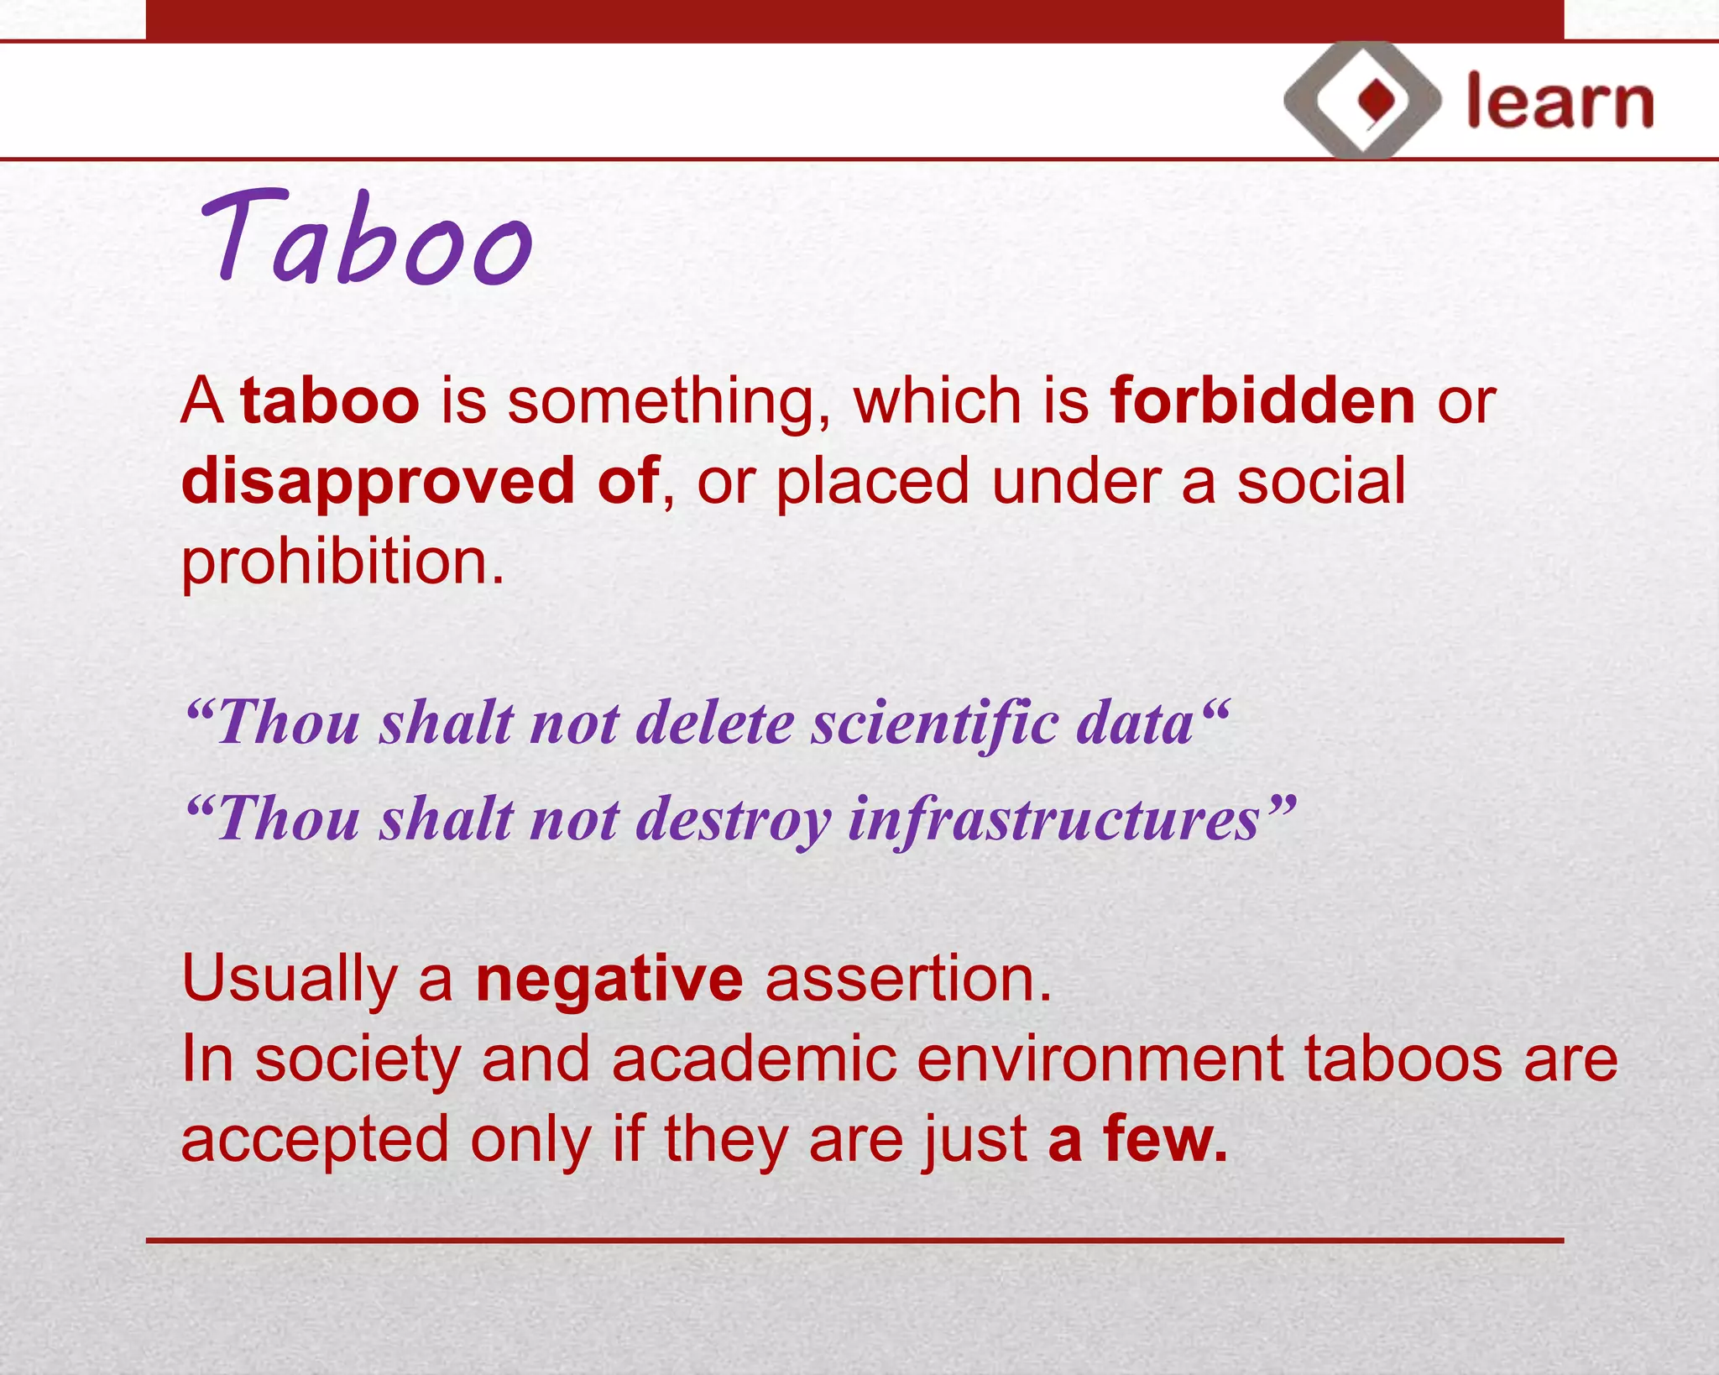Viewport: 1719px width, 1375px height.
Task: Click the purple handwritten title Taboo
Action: [367, 239]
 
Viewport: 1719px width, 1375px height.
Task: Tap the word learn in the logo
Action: [1560, 102]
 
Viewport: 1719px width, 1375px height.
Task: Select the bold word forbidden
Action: [1263, 401]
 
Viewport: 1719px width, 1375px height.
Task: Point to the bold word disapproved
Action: [378, 482]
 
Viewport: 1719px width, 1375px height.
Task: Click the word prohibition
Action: [342, 562]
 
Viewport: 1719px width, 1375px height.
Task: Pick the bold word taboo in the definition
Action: [330, 401]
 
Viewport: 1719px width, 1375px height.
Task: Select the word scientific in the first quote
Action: [933, 723]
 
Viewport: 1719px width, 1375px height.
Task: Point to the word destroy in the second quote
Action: [733, 819]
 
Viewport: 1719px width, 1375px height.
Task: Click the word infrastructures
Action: [1054, 819]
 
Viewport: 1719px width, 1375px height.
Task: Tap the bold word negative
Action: [609, 979]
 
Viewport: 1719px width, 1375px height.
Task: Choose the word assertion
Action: [908, 979]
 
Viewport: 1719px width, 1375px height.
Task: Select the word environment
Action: [1100, 1059]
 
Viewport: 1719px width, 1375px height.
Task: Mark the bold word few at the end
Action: [1165, 1139]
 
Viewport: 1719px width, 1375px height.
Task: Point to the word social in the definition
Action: [1321, 482]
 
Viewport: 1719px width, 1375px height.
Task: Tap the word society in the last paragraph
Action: [358, 1059]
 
